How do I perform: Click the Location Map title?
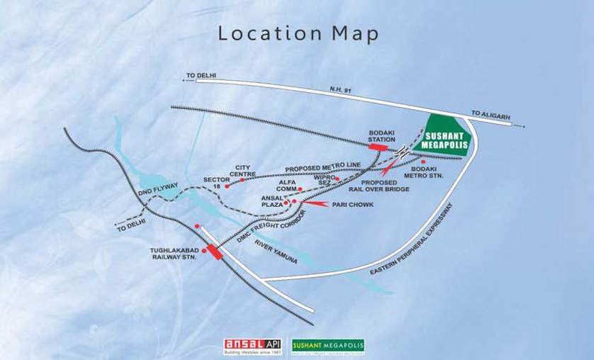298,34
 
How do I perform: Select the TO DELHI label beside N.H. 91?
201,75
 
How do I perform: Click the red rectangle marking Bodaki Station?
377,147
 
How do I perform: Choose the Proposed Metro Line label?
323,166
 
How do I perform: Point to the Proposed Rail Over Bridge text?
379,186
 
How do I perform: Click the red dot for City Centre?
242,180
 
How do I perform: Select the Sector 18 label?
216,183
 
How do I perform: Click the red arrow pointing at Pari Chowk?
315,203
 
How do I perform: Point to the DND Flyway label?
155,190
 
